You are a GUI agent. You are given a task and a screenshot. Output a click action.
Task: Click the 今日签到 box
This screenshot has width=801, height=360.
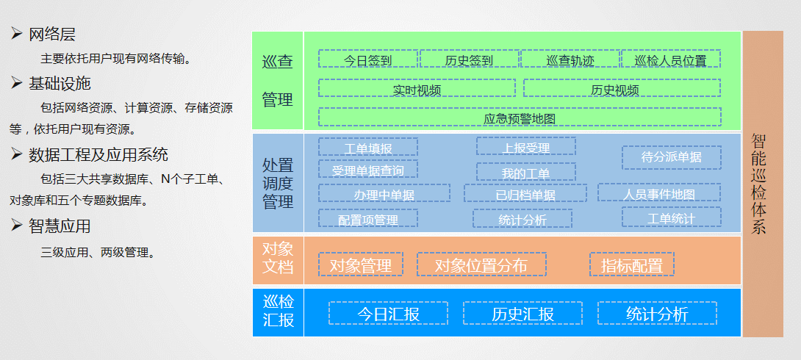[x=368, y=60]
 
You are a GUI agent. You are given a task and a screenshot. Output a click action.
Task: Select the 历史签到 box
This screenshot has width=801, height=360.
[x=469, y=60]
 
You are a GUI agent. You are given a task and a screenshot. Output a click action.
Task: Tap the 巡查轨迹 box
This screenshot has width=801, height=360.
[x=570, y=60]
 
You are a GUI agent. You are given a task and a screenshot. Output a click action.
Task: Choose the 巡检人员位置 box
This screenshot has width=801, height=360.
[x=670, y=60]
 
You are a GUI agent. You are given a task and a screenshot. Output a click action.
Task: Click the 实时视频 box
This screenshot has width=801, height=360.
[x=417, y=90]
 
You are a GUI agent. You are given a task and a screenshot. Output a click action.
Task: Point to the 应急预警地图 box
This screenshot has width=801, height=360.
[x=519, y=118]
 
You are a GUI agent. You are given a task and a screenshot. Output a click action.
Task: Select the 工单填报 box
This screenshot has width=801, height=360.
[x=368, y=148]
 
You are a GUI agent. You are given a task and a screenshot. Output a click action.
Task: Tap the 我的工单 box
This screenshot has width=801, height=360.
[x=525, y=173]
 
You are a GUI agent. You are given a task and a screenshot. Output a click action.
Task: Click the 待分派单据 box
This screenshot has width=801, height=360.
[x=671, y=156]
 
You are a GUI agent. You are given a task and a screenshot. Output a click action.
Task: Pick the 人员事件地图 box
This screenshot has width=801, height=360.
[x=658, y=194]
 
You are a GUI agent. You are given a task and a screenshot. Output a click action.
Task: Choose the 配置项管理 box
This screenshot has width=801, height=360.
[x=368, y=219]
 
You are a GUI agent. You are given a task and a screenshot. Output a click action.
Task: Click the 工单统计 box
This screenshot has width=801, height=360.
[x=671, y=218]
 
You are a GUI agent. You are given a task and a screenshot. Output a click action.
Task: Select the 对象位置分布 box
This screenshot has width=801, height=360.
[x=481, y=265]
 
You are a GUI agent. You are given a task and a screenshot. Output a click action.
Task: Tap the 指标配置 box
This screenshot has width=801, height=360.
[x=631, y=265]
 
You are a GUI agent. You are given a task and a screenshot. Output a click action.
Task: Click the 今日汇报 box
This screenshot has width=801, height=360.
[x=388, y=314]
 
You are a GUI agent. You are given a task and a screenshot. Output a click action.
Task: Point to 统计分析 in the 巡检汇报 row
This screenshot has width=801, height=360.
[x=657, y=314]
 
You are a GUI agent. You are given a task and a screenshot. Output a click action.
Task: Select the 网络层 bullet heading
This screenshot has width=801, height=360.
[x=51, y=34]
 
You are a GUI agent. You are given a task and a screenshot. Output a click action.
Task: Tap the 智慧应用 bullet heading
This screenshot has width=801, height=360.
[x=60, y=226]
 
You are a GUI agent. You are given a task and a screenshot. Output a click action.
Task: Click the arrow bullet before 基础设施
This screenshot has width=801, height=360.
[x=17, y=83]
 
